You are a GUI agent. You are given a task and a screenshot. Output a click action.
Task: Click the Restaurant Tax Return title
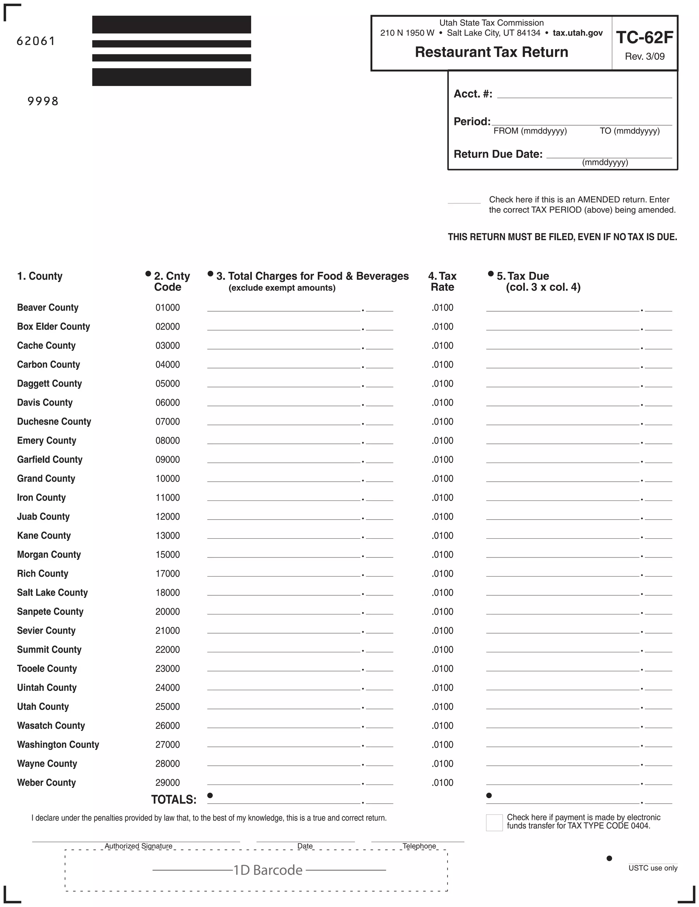[491, 52]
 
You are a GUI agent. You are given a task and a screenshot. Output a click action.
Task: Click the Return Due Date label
[498, 154]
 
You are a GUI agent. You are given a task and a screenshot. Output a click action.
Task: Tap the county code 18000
[167, 593]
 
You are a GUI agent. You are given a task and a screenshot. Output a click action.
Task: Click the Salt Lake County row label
[52, 593]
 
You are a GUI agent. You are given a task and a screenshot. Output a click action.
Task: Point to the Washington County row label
[58, 745]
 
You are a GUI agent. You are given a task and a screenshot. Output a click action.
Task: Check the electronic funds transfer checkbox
[494, 823]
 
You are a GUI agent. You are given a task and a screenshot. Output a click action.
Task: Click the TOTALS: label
[174, 799]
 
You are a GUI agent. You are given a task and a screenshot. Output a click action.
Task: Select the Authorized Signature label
[138, 846]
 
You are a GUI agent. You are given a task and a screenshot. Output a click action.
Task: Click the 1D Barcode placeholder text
[268, 870]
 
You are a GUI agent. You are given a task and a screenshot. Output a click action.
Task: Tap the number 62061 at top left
[36, 41]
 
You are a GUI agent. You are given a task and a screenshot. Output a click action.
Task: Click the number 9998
[43, 101]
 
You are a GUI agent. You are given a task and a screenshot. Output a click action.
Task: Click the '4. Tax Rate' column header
[442, 282]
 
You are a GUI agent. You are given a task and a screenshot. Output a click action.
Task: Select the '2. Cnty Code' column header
[172, 282]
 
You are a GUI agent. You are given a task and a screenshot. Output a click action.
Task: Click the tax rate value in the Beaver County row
[442, 308]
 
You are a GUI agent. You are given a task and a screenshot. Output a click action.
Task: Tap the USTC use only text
[653, 868]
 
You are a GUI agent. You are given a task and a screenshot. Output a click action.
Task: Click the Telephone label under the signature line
[419, 846]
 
